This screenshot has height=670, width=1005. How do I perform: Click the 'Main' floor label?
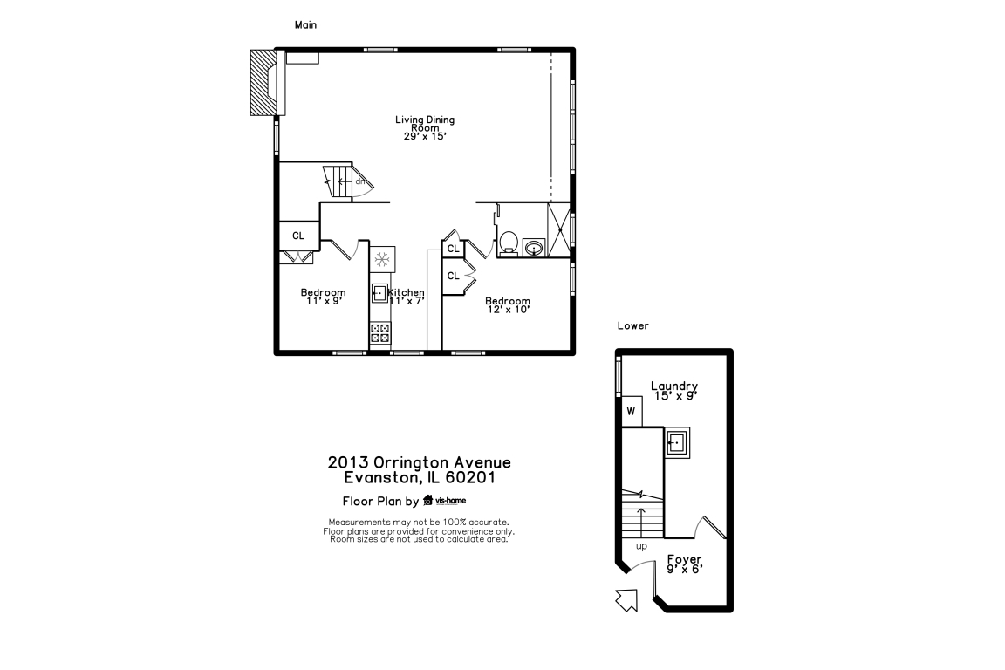pyautogui.click(x=305, y=25)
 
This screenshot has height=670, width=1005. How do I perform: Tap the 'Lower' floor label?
pyautogui.click(x=632, y=325)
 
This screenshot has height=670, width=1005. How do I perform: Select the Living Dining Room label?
pyautogui.click(x=425, y=127)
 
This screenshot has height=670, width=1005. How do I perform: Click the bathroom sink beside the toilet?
pyautogui.click(x=534, y=248)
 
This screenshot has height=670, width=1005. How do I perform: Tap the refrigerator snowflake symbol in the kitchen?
pyautogui.click(x=382, y=259)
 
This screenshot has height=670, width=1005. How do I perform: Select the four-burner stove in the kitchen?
pyautogui.click(x=380, y=333)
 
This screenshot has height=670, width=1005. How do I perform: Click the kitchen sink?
pyautogui.click(x=379, y=294)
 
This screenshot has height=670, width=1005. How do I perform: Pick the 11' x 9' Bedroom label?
pyautogui.click(x=323, y=297)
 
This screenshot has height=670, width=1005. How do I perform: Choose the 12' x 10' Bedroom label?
pyautogui.click(x=508, y=305)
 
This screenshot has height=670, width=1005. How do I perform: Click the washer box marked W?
pyautogui.click(x=632, y=412)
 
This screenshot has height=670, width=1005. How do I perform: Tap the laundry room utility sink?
pyautogui.click(x=677, y=442)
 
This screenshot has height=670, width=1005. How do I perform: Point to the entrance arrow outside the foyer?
pyautogui.click(x=626, y=600)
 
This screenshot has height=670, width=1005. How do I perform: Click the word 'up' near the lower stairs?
pyautogui.click(x=641, y=546)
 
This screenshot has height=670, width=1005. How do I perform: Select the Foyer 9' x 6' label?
pyautogui.click(x=685, y=564)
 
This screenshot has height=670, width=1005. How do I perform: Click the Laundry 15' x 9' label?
pyautogui.click(x=674, y=391)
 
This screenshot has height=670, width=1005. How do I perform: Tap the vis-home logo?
pyautogui.click(x=444, y=500)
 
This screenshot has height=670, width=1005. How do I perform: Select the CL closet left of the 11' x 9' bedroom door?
pyautogui.click(x=298, y=236)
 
